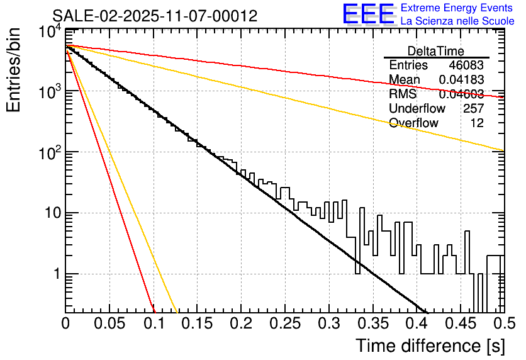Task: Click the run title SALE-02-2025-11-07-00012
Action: point(155,16)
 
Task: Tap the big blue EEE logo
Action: point(368,15)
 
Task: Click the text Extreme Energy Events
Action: point(457,8)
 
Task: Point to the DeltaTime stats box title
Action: point(436,51)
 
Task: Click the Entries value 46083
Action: point(466,65)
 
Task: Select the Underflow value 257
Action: point(473,109)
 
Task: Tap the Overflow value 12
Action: point(477,123)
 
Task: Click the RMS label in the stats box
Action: point(403,94)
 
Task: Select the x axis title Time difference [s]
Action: point(429,346)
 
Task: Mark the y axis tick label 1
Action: point(55,274)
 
